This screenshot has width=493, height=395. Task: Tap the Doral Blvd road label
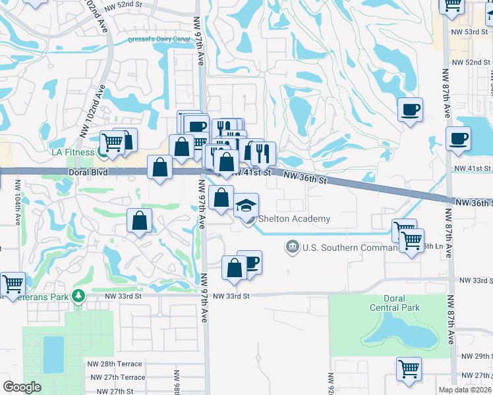click(88, 172)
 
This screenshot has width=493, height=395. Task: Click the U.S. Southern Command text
click(349, 248)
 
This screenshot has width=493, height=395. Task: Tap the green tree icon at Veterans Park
click(79, 296)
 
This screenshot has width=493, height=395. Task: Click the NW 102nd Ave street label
click(93, 110)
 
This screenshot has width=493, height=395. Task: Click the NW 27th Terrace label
click(119, 377)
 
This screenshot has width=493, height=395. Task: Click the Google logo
click(22, 387)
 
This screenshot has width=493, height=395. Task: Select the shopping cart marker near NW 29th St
click(409, 369)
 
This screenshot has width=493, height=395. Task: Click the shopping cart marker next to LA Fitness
click(113, 142)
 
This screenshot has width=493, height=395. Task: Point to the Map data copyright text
click(465, 390)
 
